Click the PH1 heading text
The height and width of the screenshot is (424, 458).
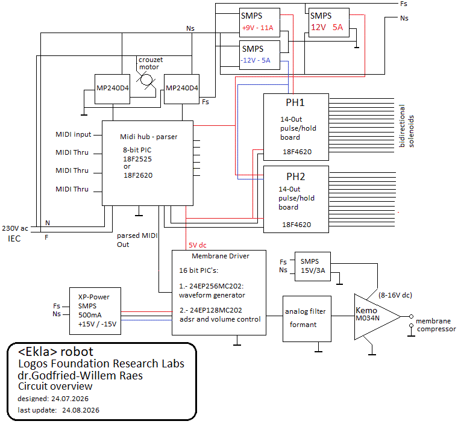coord(295,102)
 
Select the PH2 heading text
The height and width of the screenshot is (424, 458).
coord(296,176)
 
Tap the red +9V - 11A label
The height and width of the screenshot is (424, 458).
coord(258,28)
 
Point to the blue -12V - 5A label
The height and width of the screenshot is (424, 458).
coord(256,60)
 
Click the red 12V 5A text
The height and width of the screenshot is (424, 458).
coord(327,27)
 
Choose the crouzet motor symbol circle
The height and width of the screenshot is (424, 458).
coord(146,79)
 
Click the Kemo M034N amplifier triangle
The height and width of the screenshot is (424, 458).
coord(377,317)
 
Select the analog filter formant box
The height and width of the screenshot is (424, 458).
coord(307,319)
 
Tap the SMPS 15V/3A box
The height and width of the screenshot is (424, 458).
coord(313,267)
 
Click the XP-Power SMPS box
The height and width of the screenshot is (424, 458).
coord(95,311)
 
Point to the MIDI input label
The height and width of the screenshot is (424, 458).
coord(74,134)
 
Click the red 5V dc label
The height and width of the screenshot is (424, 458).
coord(198,245)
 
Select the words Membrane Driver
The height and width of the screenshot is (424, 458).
coord(221,256)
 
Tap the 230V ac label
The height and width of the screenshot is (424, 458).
coord(15,228)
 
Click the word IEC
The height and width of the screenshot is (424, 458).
coord(14,239)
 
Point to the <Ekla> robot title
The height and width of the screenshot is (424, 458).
coord(55,352)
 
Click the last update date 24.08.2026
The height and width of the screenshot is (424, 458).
coord(81,410)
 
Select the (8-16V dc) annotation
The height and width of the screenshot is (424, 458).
coord(395,295)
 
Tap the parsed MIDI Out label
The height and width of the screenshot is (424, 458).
coord(137,240)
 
